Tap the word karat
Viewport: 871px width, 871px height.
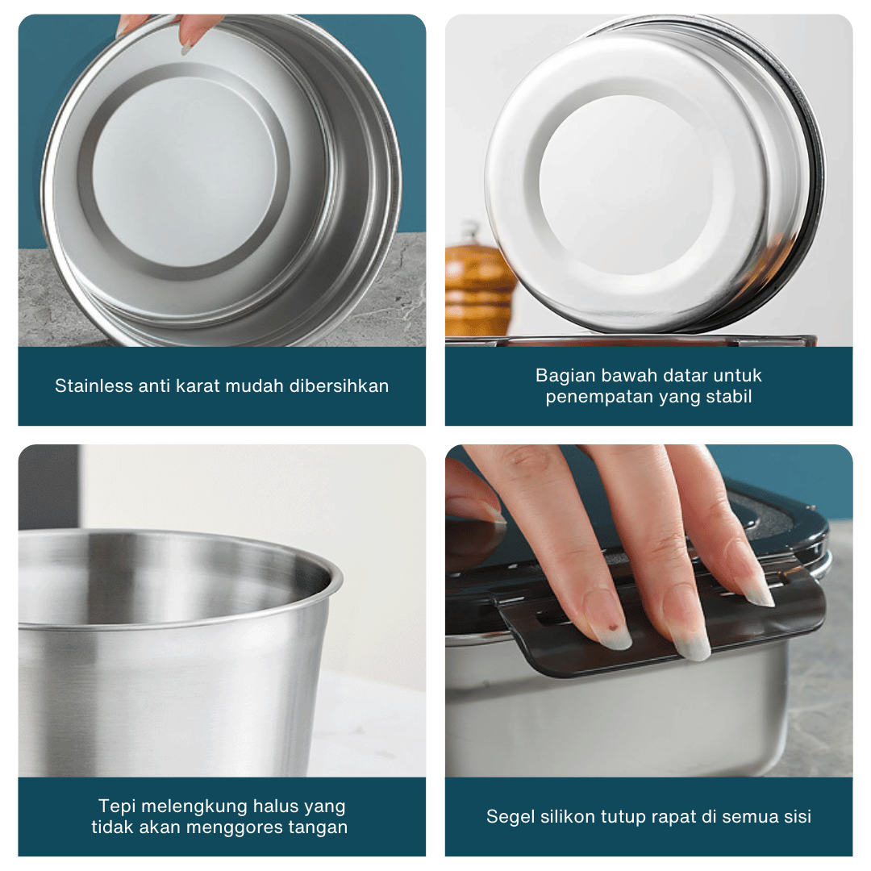pos(198,385)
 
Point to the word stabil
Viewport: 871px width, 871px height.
pos(728,397)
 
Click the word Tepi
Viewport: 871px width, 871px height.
pos(115,806)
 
